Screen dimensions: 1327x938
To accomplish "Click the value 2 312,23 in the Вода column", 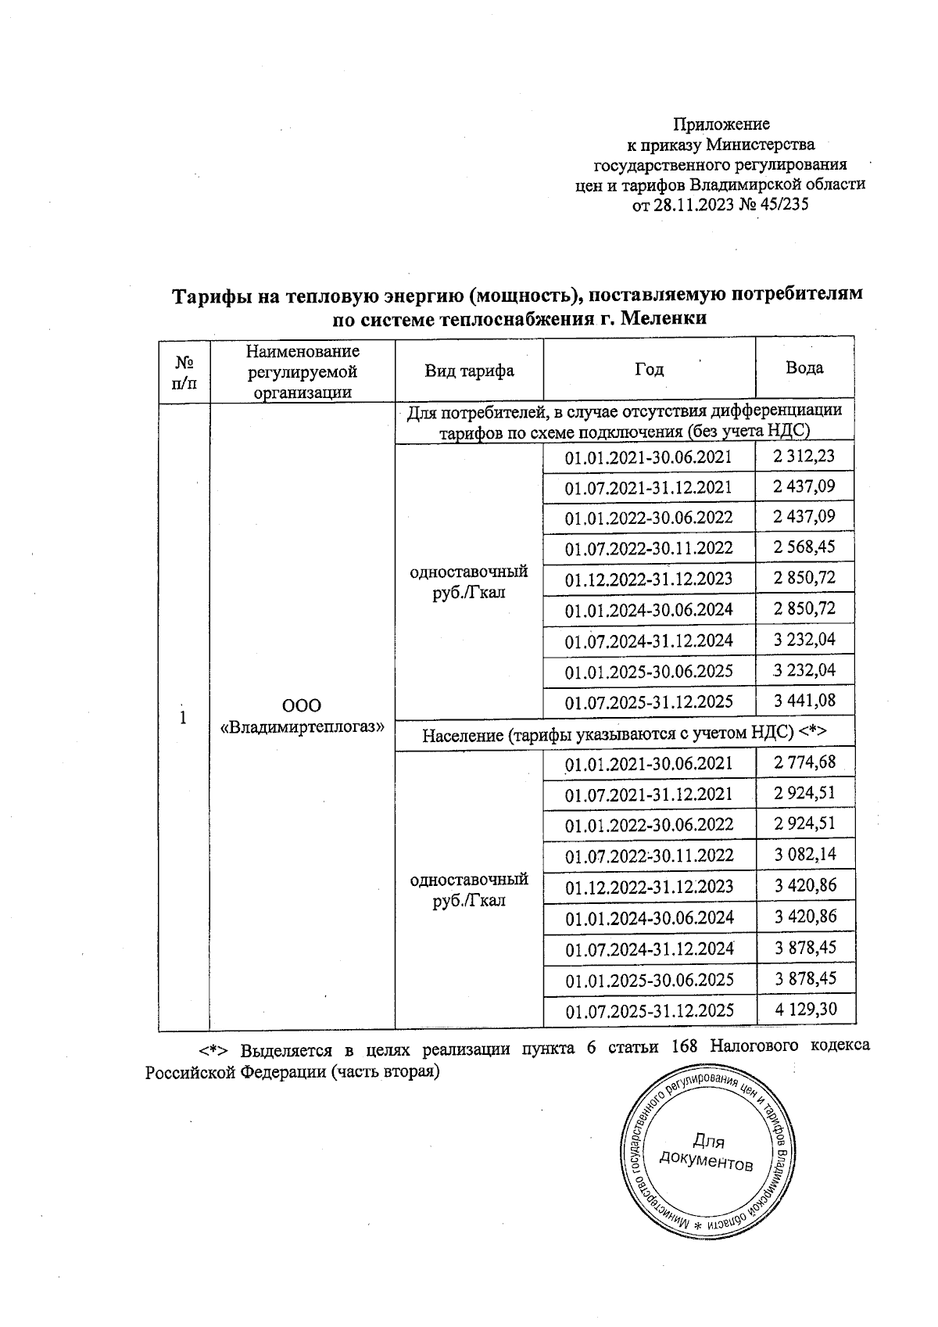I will tap(804, 456).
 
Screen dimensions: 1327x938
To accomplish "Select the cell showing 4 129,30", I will tap(806, 1010).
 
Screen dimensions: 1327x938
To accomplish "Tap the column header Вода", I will tap(804, 368).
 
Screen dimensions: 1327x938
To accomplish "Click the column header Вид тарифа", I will tap(469, 371).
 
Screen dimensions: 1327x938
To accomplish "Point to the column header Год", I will tap(649, 370).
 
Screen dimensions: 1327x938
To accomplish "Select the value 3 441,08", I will tap(804, 701).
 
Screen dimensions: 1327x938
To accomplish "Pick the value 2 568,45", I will tap(804, 547).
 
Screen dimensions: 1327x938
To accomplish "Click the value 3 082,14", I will tap(806, 854).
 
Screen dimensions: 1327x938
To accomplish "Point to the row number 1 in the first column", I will tap(183, 717).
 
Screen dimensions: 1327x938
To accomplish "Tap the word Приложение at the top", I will tap(721, 124).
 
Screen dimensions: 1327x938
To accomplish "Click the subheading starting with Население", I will tap(625, 734).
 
